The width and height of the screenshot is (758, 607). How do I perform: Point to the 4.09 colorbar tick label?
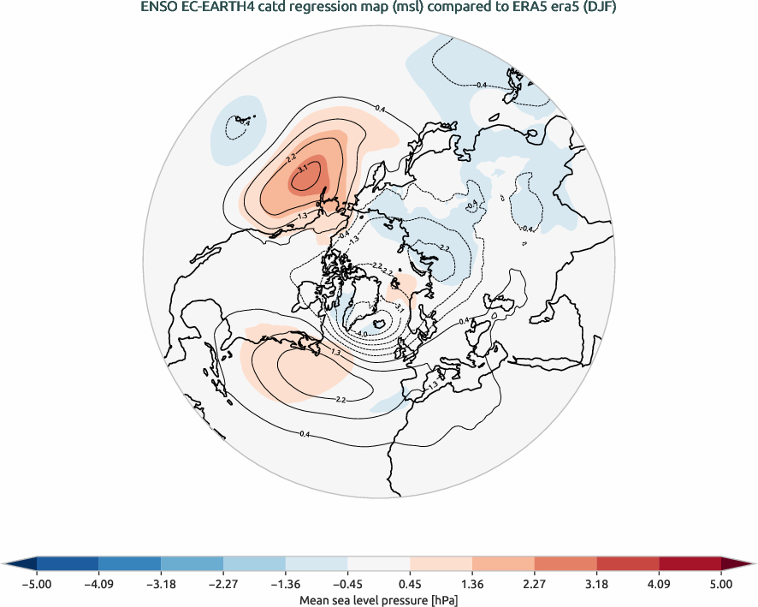coord(659,584)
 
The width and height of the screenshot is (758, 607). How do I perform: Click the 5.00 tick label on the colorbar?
coord(721,584)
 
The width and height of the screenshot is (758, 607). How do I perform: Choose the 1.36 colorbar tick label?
coord(472,584)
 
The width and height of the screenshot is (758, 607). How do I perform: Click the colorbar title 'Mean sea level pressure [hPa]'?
coord(379,600)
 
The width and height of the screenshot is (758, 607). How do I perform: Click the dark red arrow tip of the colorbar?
coord(743,562)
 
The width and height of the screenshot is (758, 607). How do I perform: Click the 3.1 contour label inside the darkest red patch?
coord(302,170)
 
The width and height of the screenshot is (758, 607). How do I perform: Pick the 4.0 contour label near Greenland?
coord(361,334)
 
